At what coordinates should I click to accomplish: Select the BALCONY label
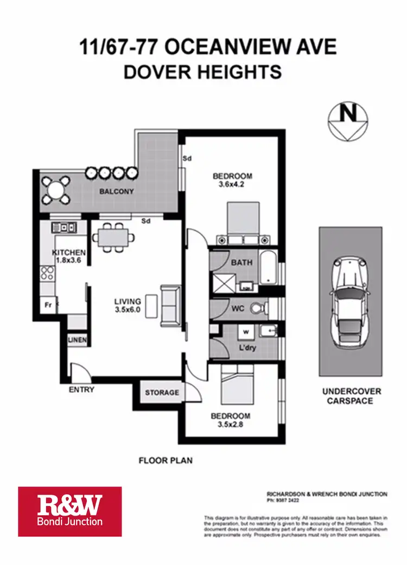(x=116, y=191)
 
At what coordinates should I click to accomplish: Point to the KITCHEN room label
(x=69, y=253)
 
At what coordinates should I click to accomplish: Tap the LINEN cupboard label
(x=75, y=339)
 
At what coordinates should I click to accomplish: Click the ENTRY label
(x=81, y=389)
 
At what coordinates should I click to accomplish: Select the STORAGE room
(x=162, y=393)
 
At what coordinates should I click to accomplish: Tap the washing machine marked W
(x=245, y=331)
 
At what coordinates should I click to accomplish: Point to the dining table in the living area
(x=113, y=236)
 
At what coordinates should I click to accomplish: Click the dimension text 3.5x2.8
(x=231, y=425)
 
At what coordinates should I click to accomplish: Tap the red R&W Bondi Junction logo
(x=69, y=511)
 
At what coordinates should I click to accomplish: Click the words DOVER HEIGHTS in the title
(x=202, y=72)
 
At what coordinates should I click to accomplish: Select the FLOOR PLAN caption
(x=166, y=461)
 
